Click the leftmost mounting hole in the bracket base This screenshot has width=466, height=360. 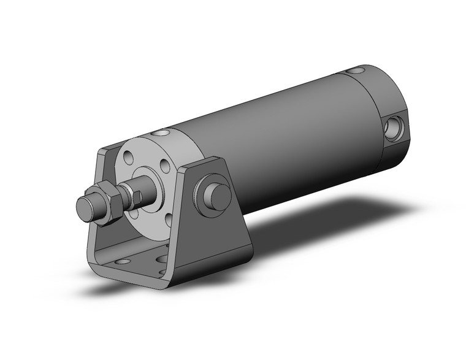[121, 261]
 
